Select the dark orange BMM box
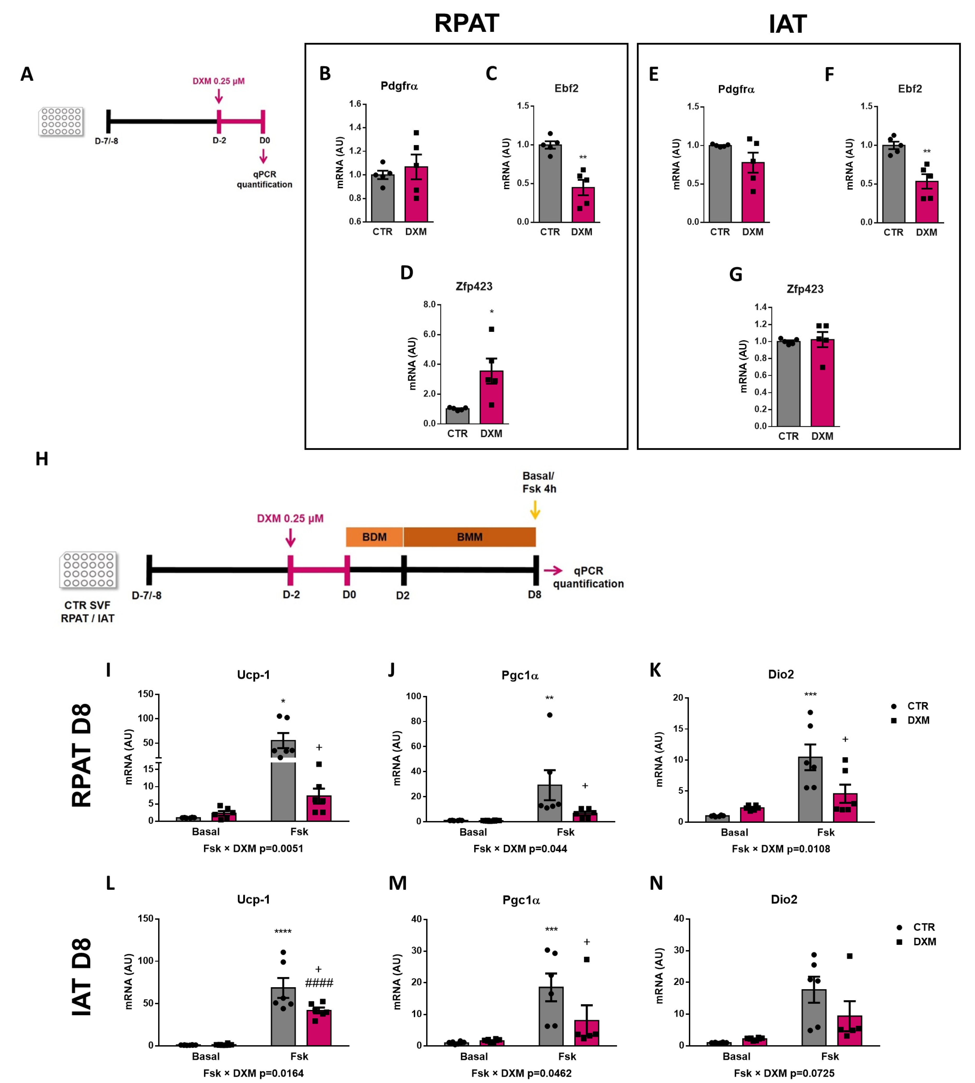469,537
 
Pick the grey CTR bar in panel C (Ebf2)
550,183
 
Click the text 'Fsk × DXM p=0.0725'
784,1073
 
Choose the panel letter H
42,459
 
